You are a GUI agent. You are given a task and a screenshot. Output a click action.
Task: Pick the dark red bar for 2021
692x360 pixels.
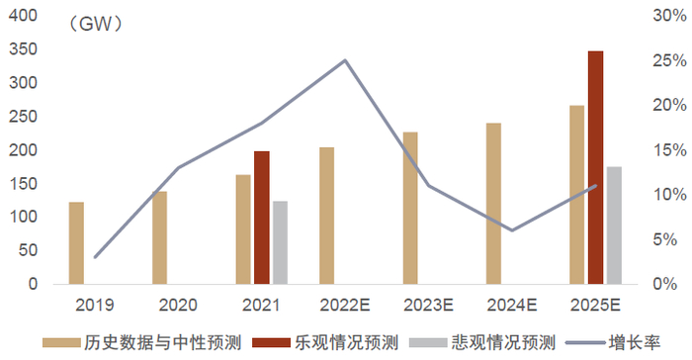262,218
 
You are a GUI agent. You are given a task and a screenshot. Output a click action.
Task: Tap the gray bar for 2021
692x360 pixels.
280,242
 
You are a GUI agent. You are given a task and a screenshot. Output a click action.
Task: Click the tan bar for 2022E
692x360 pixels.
326,216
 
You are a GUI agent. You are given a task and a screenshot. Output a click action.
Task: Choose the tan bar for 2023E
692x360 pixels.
410,208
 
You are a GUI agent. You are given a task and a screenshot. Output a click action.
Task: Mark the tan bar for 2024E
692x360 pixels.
493,204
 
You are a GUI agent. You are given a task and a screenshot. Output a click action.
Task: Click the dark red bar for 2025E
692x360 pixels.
595,168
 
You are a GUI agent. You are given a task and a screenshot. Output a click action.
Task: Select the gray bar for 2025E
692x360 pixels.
614,225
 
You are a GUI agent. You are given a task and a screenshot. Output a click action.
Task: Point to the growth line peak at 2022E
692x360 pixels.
345,60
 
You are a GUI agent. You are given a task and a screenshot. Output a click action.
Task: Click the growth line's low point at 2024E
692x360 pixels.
511,230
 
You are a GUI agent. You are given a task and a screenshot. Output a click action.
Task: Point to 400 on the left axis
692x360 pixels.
23,16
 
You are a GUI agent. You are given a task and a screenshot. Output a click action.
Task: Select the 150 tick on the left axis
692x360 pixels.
23,184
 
